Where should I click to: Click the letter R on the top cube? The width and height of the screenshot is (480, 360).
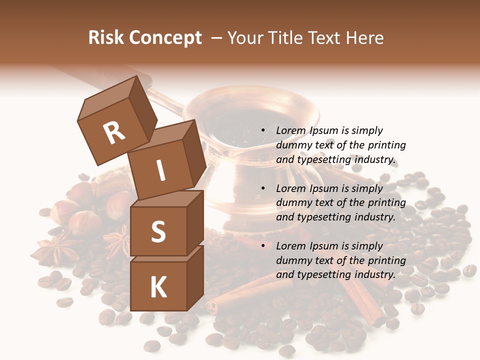click(114, 132)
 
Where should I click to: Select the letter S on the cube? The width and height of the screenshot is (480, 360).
click(158, 231)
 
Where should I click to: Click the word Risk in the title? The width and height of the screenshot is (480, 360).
click(105, 37)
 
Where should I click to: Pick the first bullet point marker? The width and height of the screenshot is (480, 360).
click(263, 130)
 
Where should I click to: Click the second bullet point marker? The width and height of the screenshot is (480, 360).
click(263, 188)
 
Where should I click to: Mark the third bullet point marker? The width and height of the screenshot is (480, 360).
click(263, 246)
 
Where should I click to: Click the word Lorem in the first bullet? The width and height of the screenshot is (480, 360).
click(291, 130)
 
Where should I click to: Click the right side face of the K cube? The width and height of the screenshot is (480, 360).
click(195, 277)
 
